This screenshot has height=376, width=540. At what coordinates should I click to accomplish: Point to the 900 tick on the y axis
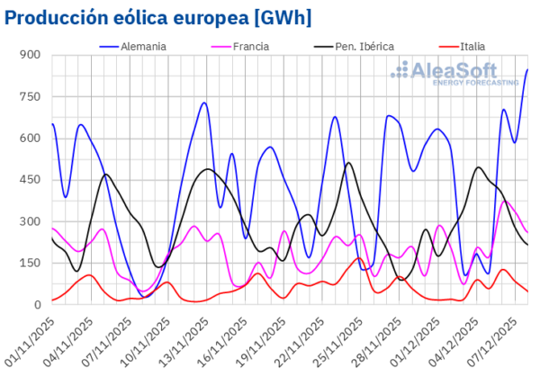coord(31,55)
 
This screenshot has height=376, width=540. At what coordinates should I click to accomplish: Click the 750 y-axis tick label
coord(31,96)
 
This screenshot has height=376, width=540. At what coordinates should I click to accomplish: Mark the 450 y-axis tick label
coord(31,180)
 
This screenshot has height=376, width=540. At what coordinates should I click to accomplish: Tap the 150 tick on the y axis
coord(31,264)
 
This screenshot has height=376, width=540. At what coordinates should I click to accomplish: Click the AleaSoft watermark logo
coord(459,72)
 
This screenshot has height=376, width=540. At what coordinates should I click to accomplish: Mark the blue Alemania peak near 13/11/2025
coord(204,103)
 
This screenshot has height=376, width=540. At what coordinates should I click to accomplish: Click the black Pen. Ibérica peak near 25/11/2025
coord(349,163)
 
